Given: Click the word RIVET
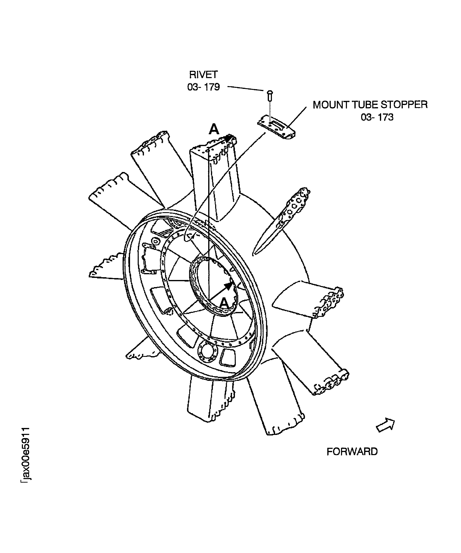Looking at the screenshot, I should [203, 75].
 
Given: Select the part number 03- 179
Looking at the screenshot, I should [203, 87].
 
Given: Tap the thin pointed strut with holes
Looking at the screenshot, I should [281, 221].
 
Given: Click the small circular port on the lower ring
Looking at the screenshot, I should [207, 352].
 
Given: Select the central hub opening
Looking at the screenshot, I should [213, 286].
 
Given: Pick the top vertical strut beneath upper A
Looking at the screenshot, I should [216, 182].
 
